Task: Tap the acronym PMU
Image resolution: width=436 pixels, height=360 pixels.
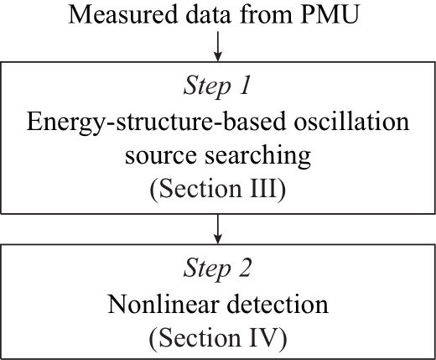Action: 330,14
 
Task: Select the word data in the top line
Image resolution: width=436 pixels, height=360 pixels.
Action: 209,14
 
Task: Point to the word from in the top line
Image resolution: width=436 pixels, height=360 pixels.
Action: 266,14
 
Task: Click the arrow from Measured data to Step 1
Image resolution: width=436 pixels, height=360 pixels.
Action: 218,46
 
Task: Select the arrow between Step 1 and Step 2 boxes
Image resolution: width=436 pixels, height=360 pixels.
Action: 218,229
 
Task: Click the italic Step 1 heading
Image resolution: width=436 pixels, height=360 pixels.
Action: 217,86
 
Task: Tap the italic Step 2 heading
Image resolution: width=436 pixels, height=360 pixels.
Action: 217,268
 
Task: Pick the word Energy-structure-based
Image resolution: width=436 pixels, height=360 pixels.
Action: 156,123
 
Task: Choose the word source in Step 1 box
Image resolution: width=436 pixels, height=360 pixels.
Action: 161,155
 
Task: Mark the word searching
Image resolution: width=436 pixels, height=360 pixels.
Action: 257,156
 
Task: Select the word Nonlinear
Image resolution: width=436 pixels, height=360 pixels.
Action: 163,304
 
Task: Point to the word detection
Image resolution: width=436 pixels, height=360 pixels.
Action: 278,304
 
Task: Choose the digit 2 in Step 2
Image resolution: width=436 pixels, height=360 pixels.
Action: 244,267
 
